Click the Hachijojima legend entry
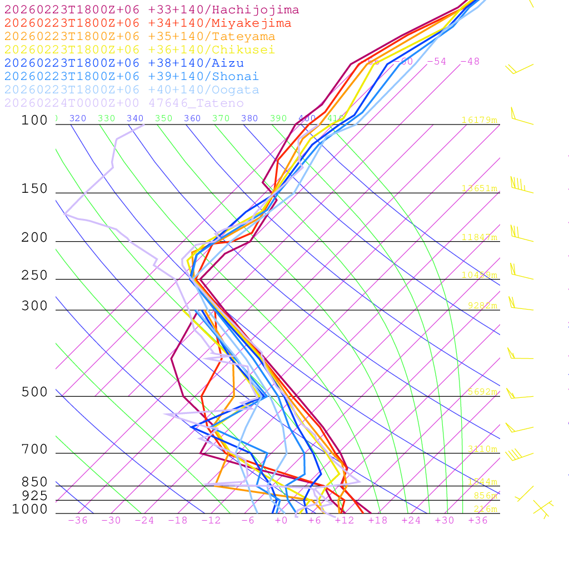[x=151, y=10]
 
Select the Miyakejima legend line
[x=147, y=23]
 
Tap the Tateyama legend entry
[x=139, y=37]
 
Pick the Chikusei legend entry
[x=139, y=50]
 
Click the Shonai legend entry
[x=131, y=77]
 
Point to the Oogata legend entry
[x=131, y=90]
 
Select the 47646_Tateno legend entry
[x=123, y=103]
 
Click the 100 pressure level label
[x=34, y=120]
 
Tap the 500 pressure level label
[x=34, y=392]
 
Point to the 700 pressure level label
[x=34, y=450]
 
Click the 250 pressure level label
[x=34, y=276]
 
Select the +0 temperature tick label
[x=281, y=520]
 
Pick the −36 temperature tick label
[x=77, y=520]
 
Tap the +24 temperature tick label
[x=411, y=520]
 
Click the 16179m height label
[x=479, y=120]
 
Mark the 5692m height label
[x=481, y=392]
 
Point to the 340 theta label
[x=135, y=118]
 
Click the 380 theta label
[x=249, y=118]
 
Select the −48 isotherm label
[x=470, y=62]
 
